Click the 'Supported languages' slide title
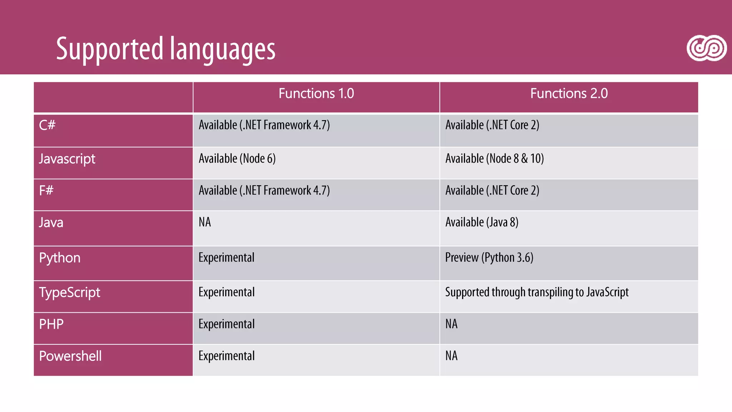pyautogui.click(x=165, y=49)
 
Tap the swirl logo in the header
pyautogui.click(x=706, y=48)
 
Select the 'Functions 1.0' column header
pyautogui.click(x=316, y=94)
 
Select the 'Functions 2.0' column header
pyautogui.click(x=569, y=94)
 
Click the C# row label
pyautogui.click(x=47, y=125)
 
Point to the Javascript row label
pyautogui.click(x=67, y=159)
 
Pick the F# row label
pyautogui.click(x=46, y=190)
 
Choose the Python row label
pyautogui.click(x=60, y=258)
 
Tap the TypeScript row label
pyautogui.click(x=70, y=293)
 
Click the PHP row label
pyautogui.click(x=51, y=324)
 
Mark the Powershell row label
pyautogui.click(x=70, y=356)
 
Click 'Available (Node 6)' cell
pyautogui.click(x=237, y=158)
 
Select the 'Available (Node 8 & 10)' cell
pyautogui.click(x=494, y=158)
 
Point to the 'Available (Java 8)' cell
pyautogui.click(x=481, y=222)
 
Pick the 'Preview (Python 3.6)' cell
pyautogui.click(x=489, y=257)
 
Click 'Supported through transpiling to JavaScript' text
pyautogui.click(x=536, y=292)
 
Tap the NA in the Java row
pyautogui.click(x=205, y=222)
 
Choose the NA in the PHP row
pyautogui.click(x=451, y=324)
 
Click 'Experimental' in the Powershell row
pyautogui.click(x=227, y=356)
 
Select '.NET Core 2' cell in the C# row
pyautogui.click(x=492, y=125)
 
